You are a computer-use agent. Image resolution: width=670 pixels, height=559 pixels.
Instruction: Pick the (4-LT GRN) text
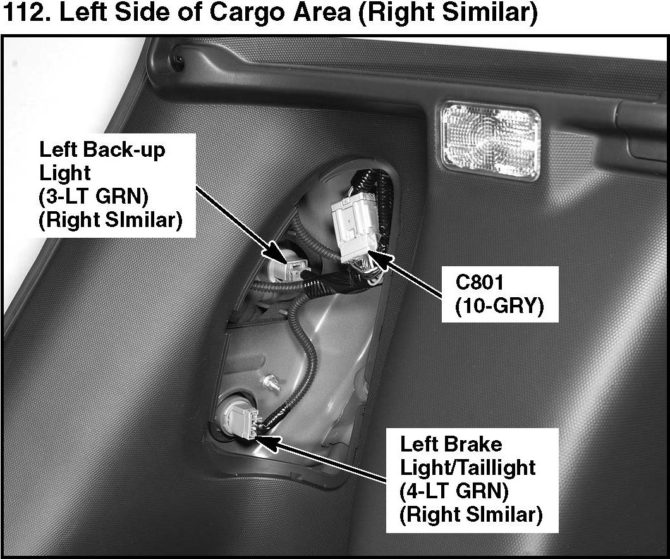(455, 491)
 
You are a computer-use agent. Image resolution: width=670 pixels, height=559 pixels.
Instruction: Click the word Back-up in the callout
(133, 150)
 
